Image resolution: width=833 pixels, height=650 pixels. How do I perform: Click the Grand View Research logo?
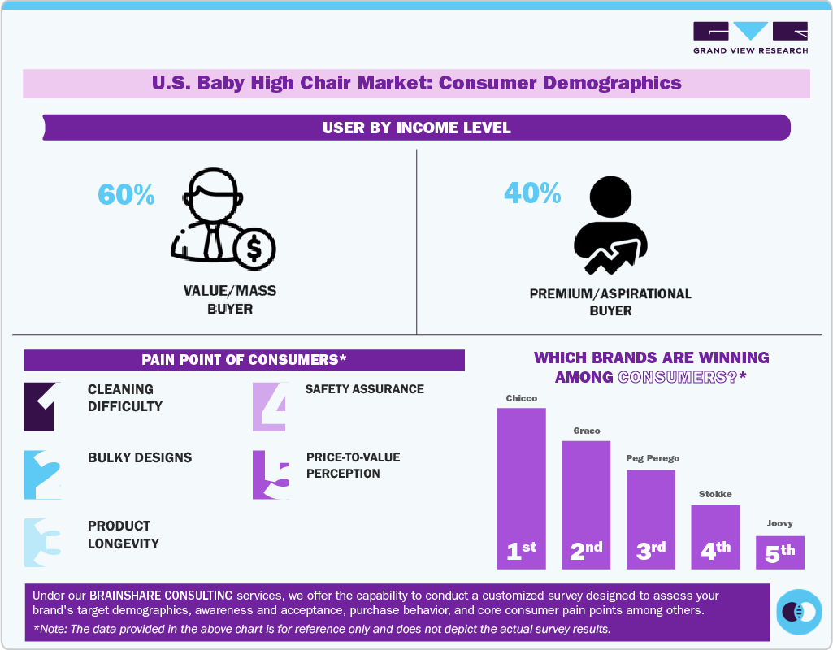(x=750, y=37)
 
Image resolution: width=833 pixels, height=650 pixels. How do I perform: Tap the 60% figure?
(x=126, y=194)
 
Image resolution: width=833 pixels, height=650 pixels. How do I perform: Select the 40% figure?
(x=532, y=193)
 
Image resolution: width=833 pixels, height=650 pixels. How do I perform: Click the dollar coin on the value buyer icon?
(x=254, y=249)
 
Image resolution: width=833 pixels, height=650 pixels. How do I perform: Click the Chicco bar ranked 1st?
(x=521, y=487)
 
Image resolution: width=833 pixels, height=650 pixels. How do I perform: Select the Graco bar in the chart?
(x=586, y=505)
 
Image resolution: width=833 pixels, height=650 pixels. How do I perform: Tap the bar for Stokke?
(x=715, y=536)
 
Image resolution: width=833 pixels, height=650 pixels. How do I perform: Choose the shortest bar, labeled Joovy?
(x=780, y=552)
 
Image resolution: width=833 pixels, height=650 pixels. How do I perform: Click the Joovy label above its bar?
(x=779, y=524)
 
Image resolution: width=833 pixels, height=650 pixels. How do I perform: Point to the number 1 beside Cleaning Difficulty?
(x=41, y=405)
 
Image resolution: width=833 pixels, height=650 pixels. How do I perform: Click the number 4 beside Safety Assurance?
(x=269, y=405)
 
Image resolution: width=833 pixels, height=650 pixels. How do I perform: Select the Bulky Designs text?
(x=140, y=457)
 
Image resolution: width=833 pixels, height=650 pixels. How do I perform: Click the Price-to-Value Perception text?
(x=353, y=466)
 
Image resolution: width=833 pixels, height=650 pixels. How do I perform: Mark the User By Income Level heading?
(x=416, y=128)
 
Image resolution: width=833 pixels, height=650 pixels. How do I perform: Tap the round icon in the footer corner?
(x=799, y=611)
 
